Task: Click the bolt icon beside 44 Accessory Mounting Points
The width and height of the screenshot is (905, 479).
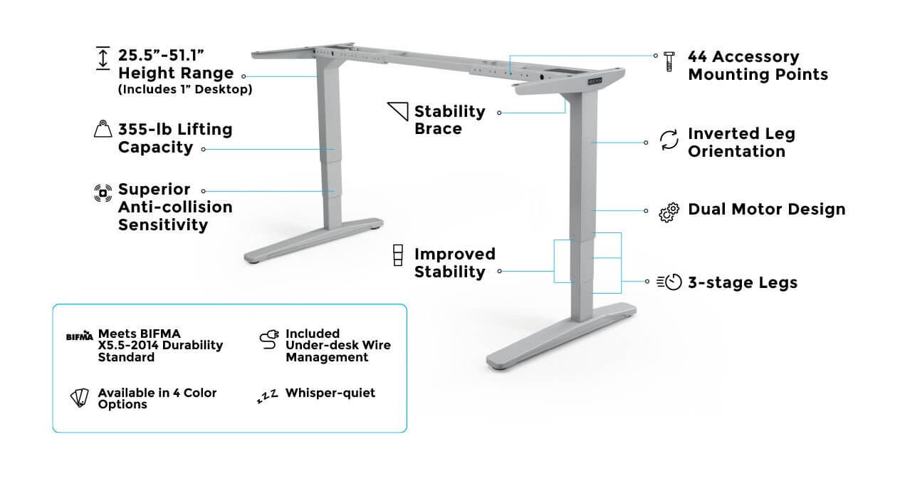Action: coord(669,62)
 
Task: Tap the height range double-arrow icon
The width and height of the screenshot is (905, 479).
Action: coord(103,58)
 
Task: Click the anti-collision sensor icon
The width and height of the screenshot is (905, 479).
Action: coord(103,193)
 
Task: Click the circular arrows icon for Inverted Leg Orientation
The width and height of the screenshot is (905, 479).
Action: coord(669,140)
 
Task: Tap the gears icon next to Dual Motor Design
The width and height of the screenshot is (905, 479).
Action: coord(669,212)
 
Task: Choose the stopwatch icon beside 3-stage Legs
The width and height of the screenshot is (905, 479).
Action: coord(669,282)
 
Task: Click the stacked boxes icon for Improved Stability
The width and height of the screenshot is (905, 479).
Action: coord(398,255)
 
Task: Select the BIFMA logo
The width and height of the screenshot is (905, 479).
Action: coord(80,336)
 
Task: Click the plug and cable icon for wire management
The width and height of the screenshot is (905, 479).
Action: coord(269,339)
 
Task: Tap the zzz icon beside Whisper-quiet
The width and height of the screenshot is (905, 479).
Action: coord(268,396)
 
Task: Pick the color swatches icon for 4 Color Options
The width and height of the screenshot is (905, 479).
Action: coord(80,398)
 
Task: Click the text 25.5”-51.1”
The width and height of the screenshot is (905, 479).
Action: coord(161,56)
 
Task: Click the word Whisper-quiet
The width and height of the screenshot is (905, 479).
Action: coord(330,393)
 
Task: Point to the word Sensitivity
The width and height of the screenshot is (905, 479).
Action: coord(163,225)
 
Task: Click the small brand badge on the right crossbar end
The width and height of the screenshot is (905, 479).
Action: coord(595,82)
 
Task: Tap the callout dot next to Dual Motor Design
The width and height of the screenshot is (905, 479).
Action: coord(646,211)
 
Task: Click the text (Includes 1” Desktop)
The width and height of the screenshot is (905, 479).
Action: coord(185,89)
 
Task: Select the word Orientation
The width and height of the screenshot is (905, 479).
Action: coord(736,151)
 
